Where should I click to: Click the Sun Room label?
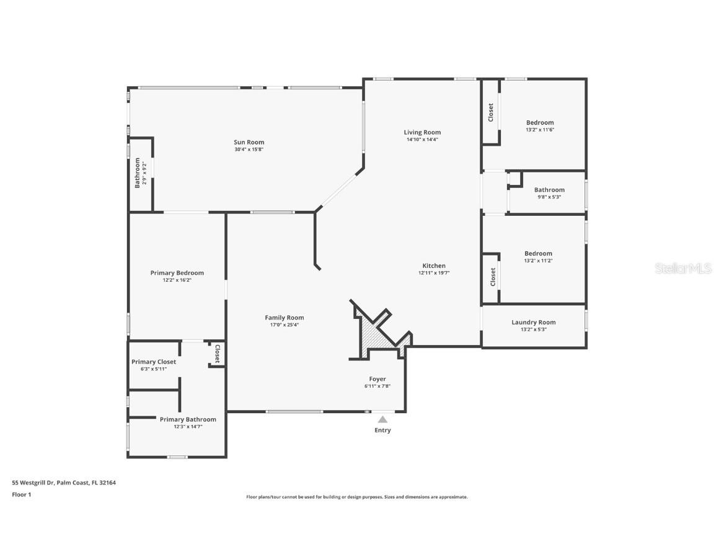click(249, 142)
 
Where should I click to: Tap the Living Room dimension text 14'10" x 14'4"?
click(422, 140)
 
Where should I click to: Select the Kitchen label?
click(434, 266)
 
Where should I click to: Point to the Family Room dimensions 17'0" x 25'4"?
click(284, 324)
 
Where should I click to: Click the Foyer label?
click(377, 379)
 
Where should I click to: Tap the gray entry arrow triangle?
click(383, 419)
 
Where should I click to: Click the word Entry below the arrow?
click(383, 430)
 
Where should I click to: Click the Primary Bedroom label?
click(177, 273)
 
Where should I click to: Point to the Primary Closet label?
click(154, 362)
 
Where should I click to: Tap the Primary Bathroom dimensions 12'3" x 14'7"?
click(188, 426)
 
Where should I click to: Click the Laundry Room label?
click(534, 322)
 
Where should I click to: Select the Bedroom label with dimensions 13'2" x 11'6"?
click(540, 122)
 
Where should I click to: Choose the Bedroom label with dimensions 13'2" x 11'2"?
click(538, 253)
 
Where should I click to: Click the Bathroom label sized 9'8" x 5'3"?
click(549, 190)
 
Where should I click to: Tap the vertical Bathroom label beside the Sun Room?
click(138, 172)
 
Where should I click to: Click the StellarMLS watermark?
click(684, 269)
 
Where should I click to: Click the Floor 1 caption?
click(21, 494)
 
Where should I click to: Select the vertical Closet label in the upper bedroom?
click(491, 112)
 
